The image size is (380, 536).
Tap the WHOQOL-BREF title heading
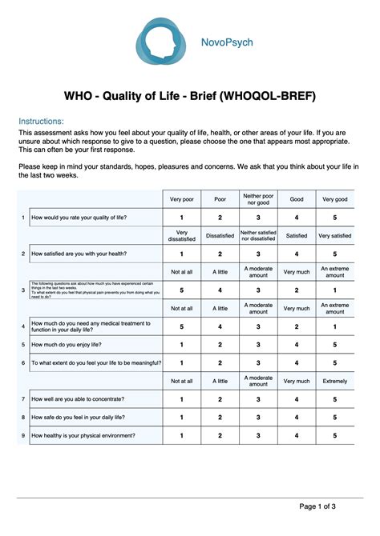click(x=190, y=96)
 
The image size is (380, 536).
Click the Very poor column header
click(x=181, y=198)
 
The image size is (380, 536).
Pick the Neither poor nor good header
click(x=258, y=198)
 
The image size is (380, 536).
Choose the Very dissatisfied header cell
click(x=181, y=235)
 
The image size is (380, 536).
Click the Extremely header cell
click(x=335, y=382)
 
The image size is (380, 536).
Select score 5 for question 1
click(x=335, y=217)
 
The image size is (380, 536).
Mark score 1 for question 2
click(x=181, y=254)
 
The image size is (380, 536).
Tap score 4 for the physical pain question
click(x=220, y=290)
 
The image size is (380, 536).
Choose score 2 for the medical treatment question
click(x=297, y=326)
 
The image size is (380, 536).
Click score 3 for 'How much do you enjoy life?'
click(x=258, y=345)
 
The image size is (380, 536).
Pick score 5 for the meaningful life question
click(x=335, y=362)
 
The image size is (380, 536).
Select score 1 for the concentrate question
click(x=181, y=399)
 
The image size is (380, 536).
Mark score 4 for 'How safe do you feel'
click(x=297, y=418)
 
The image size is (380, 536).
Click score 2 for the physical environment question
click(x=220, y=436)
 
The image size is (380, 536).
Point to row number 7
click(x=22, y=399)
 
